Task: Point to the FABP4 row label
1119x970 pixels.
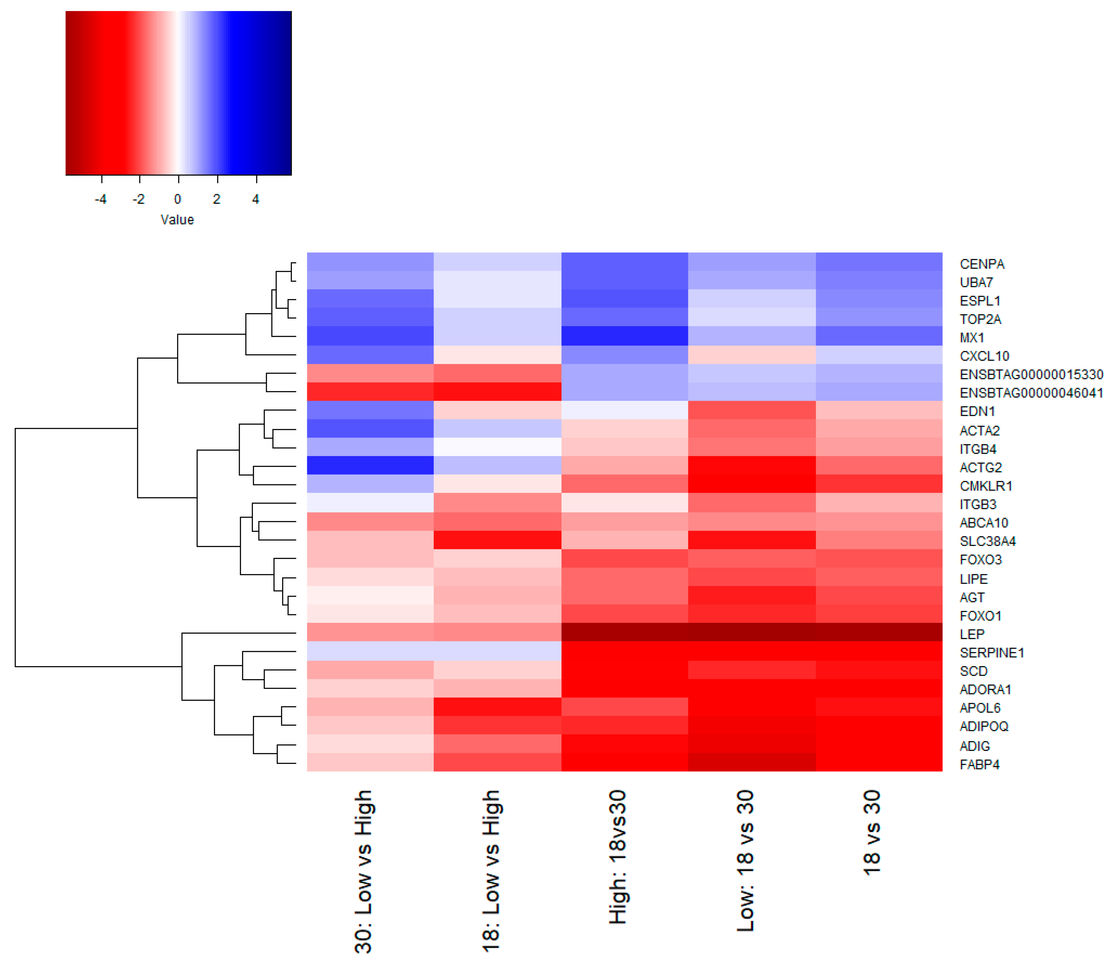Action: click(x=979, y=764)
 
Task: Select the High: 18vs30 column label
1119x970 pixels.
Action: click(x=617, y=858)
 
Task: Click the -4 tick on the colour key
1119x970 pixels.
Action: click(x=101, y=199)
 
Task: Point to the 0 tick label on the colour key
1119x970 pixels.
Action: click(x=177, y=199)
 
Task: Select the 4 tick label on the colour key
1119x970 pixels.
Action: click(x=255, y=199)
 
